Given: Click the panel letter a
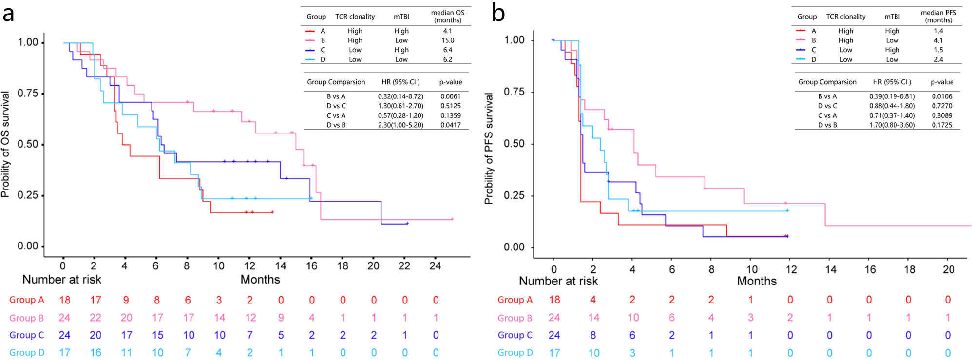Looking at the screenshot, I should tap(8, 13).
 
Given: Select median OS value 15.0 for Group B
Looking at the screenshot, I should tap(447, 40).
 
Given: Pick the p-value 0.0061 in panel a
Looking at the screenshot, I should tap(450, 96).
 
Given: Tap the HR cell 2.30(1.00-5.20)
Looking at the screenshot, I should tap(400, 125).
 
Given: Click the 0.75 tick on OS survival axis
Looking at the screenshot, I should tap(28, 93).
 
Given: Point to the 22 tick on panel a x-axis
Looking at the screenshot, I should tap(404, 266).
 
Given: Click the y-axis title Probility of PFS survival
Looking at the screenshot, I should tap(489, 149).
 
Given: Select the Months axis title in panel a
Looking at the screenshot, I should tap(260, 280).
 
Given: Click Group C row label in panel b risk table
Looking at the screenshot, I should tap(515, 335).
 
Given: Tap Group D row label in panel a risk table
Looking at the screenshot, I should tap(27, 353).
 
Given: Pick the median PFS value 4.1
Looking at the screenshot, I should tap(938, 40).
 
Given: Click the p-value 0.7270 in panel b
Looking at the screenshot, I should tap(941, 106).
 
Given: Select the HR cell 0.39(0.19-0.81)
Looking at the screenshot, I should tap(892, 96).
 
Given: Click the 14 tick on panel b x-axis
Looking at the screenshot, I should tap(830, 269).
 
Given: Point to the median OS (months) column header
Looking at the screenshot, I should tap(447, 16).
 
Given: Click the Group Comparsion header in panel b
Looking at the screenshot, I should tap(827, 82).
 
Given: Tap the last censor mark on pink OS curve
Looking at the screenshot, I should tap(452, 219).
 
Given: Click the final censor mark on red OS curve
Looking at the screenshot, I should tap(272, 212).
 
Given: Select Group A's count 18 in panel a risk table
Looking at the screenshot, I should tap(64, 300).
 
